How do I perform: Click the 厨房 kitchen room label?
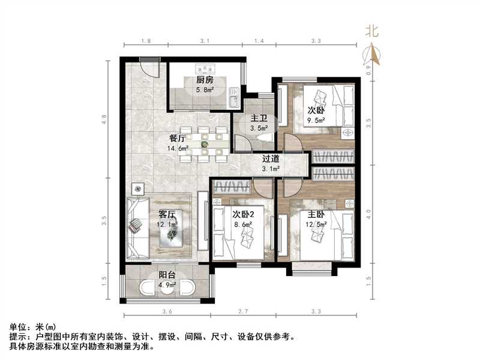point(205,80)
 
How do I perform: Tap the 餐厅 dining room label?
point(179,138)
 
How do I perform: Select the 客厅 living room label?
point(167,214)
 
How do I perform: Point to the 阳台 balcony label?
point(167,275)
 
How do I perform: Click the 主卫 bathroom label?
point(259,117)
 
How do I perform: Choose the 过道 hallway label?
point(271,159)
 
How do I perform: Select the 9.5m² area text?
point(316,120)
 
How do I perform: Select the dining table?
point(205,144)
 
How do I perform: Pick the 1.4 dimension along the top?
point(259,41)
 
